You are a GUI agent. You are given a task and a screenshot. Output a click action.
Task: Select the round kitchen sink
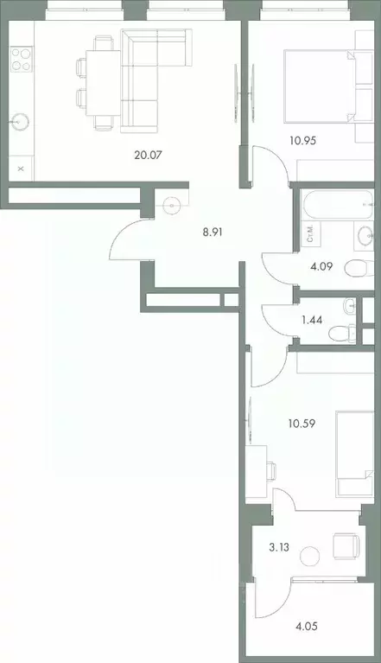point(20,121)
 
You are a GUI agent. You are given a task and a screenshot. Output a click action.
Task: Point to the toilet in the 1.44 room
point(352,330)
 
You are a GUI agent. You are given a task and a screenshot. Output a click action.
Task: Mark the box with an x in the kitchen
point(21,165)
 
